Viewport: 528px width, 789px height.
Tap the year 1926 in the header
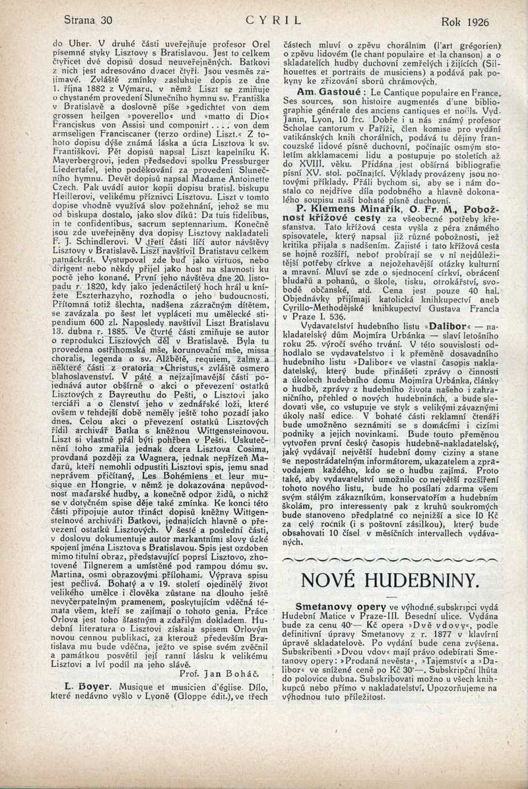pos(477,22)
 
